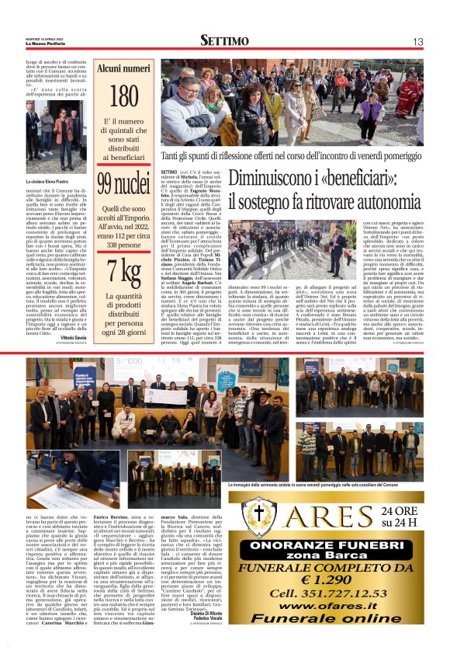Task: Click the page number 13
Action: (x=417, y=41)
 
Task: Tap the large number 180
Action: (x=123, y=96)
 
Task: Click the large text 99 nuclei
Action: (x=123, y=183)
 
